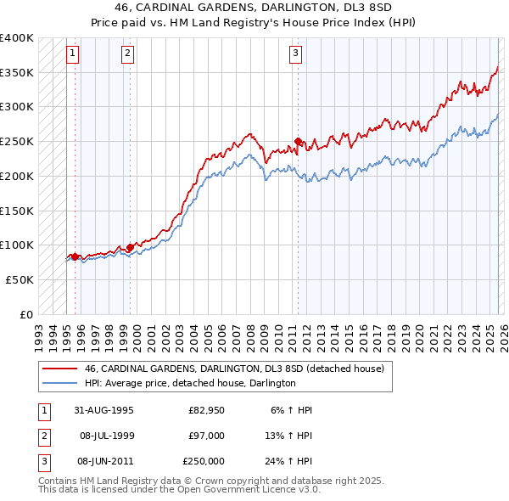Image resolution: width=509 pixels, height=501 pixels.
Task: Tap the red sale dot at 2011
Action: pyautogui.click(x=298, y=141)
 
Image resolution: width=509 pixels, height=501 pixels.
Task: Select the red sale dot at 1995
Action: pyautogui.click(x=75, y=256)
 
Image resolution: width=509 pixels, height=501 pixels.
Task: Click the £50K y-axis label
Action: pyautogui.click(x=19, y=279)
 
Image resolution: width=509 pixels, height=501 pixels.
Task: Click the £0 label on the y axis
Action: pyautogui.click(x=25, y=313)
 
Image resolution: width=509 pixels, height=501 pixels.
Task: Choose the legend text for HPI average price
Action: pyautogui.click(x=190, y=383)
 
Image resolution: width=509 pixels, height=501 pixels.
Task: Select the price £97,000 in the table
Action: pyautogui.click(x=204, y=436)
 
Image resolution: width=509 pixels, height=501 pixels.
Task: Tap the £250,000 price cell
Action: pyautogui.click(x=204, y=461)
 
